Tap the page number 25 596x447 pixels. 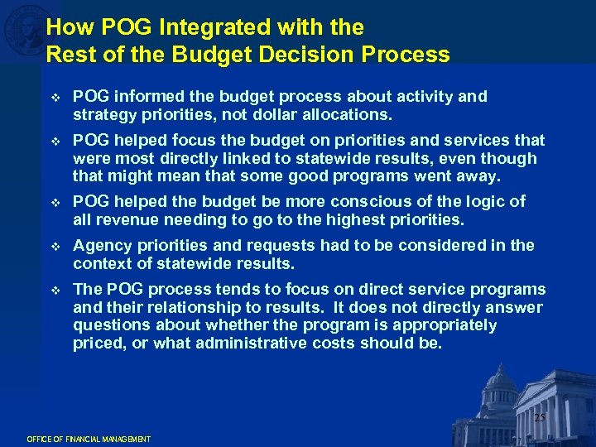(540, 418)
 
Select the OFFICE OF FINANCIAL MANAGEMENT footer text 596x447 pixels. (89, 439)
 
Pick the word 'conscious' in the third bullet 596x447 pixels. (370, 202)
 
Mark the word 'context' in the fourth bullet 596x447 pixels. (100, 264)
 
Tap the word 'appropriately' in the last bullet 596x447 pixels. (446, 325)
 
